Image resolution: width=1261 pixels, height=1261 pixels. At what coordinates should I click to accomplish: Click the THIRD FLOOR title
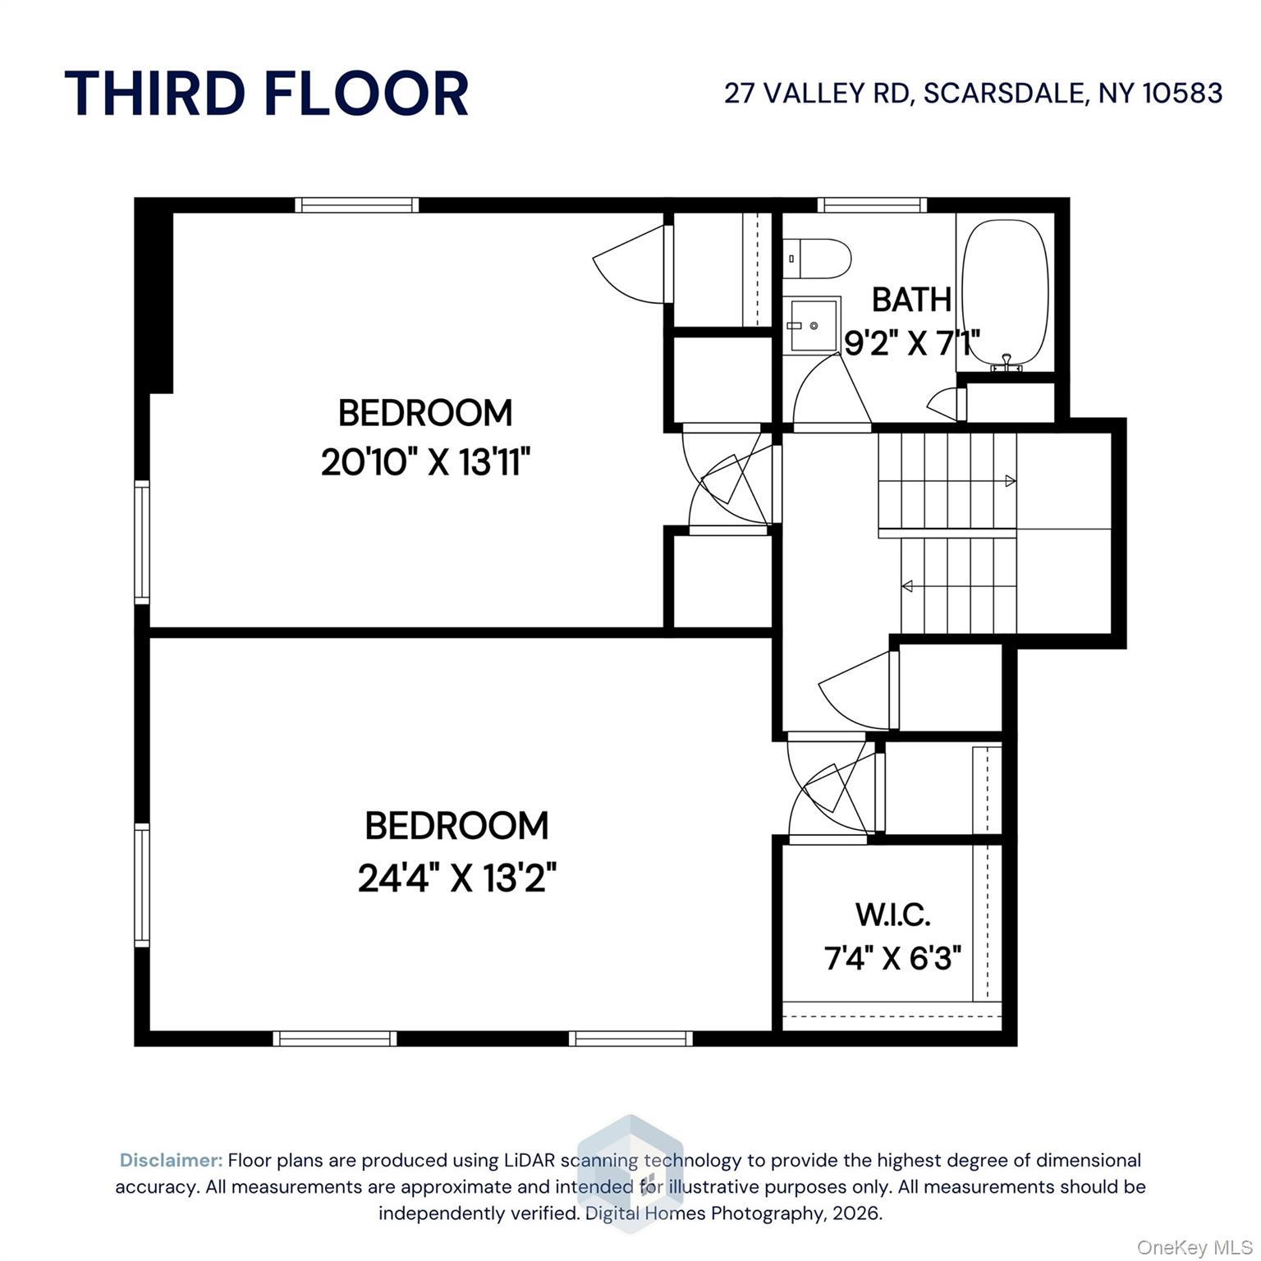coord(266,94)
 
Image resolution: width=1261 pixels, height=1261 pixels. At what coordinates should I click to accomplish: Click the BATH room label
coord(911,300)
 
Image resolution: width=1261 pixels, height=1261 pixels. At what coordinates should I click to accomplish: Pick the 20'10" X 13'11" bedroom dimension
coord(425,462)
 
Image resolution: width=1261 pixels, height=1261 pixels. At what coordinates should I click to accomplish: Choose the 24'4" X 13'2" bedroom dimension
coord(456,878)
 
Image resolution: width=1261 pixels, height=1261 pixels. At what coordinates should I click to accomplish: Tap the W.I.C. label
coord(892,914)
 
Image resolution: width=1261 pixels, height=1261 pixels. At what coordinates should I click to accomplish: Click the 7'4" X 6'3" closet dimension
coord(892,957)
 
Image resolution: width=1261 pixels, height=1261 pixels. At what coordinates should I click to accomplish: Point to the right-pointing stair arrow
coord(1011,481)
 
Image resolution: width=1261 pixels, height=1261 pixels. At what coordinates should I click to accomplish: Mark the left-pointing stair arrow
coord(907,586)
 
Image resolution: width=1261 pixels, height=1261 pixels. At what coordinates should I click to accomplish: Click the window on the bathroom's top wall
coord(872,205)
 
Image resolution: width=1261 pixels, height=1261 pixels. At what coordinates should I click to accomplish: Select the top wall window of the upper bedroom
coord(356,205)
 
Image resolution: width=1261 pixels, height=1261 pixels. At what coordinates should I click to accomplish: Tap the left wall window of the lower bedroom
coord(142,885)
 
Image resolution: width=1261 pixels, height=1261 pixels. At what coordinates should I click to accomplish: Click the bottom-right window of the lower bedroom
coord(630,1039)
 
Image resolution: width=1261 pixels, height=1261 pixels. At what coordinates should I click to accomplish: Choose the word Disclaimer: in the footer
coord(171,1160)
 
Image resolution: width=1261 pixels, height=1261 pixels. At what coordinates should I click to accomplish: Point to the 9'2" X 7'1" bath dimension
coord(911,343)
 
